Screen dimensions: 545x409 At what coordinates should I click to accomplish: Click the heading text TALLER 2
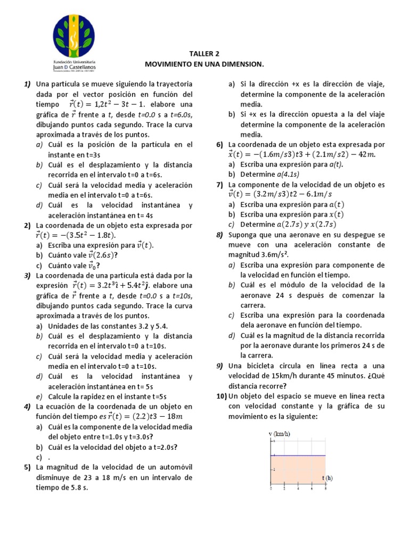204,54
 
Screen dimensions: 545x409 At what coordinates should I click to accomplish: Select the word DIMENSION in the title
242,64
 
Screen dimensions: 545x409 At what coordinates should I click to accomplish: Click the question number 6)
219,144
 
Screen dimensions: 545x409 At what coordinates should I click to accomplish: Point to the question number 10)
222,397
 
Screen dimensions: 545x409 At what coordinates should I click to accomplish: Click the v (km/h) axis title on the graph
279,434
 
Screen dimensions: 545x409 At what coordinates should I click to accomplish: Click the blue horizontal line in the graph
298,456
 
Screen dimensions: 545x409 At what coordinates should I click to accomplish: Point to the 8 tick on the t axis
325,488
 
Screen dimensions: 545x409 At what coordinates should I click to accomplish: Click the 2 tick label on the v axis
274,469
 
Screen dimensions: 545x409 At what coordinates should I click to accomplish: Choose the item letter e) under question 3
39,397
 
